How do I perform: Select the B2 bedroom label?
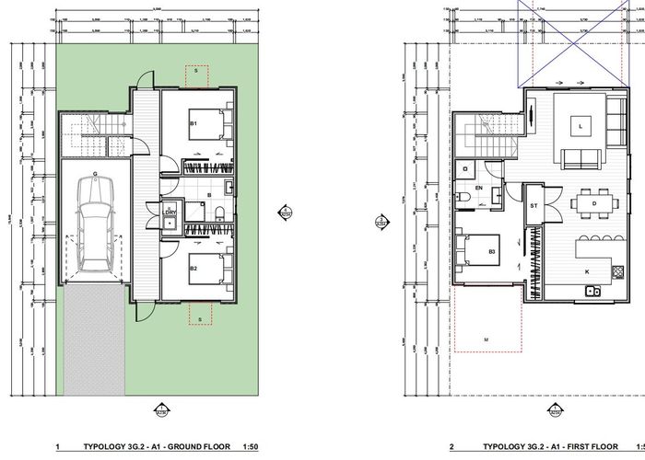193,269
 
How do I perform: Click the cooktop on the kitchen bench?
616,271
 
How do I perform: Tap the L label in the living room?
581,124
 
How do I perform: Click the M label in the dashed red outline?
485,339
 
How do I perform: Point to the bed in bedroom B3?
478,250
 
